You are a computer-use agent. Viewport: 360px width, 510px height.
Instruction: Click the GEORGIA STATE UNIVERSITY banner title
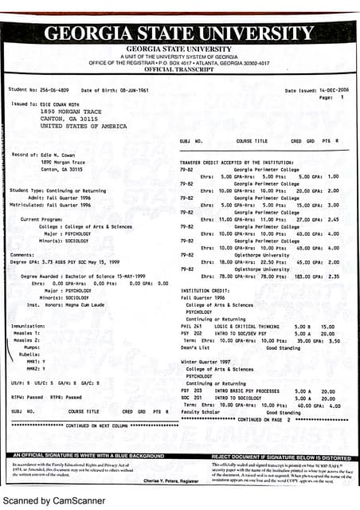pyautogui.click(x=179, y=34)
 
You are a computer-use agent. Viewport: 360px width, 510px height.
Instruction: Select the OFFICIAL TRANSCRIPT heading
pyautogui.click(x=179, y=69)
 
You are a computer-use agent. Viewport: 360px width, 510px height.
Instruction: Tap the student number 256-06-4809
pyautogui.click(x=49, y=90)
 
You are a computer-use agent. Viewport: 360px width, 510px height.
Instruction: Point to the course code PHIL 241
pyautogui.click(x=191, y=326)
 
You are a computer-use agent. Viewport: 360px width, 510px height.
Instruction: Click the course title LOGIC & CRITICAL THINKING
pyautogui.click(x=243, y=326)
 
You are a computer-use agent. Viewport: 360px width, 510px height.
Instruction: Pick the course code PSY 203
pyautogui.click(x=191, y=391)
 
